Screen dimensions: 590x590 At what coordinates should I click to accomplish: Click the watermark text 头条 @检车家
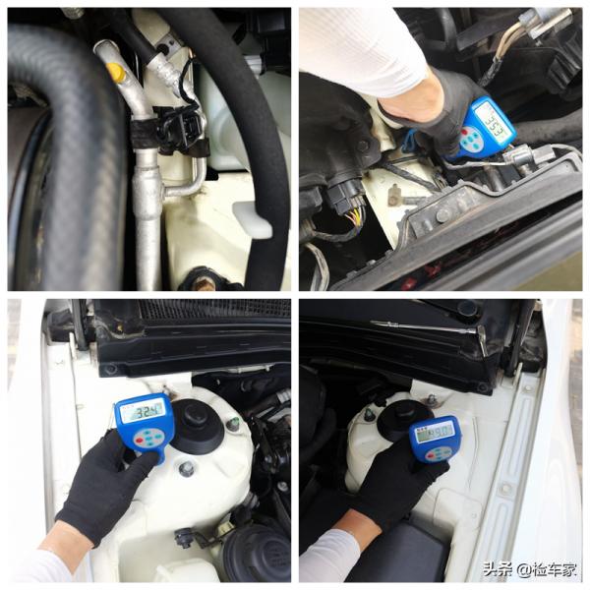pos(529,569)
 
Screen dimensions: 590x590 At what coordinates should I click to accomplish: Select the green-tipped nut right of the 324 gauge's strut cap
pos(233,424)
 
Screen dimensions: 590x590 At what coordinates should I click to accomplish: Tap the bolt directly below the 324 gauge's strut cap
pos(186,469)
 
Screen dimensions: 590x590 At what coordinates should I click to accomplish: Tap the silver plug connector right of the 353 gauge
pos(521,156)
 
